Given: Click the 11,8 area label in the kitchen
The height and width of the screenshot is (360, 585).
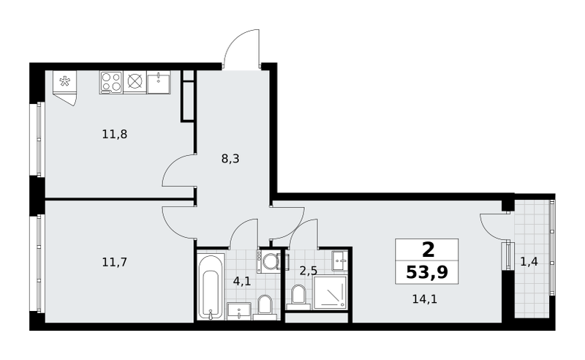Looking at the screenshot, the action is tap(115, 134).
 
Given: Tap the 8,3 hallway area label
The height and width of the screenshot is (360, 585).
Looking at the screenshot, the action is tap(230, 159).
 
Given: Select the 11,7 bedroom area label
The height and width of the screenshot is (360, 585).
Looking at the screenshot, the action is tap(115, 262).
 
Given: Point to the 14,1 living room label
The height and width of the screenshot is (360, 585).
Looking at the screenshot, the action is tap(425, 299).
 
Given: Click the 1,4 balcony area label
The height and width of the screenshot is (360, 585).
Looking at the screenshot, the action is tap(529, 262).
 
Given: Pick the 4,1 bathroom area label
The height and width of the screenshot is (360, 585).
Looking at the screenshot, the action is tap(242, 281).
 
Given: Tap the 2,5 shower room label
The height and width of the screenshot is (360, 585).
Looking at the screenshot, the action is tap(309, 271).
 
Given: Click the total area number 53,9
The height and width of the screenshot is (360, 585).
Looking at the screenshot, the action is tap(427, 272).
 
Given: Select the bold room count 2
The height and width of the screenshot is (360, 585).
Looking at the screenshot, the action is tap(428, 250).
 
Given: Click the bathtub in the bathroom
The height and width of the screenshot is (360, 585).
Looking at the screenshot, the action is tap(211, 286).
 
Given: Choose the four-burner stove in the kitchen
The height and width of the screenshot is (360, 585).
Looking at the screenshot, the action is tap(111, 82).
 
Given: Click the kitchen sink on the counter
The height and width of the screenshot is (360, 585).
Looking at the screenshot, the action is tap(159, 82).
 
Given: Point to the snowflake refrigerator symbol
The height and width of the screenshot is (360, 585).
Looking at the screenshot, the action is tap(65, 81).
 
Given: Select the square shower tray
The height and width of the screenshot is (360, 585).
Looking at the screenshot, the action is tap(330, 293).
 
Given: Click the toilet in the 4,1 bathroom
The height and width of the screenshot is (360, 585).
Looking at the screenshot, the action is tap(265, 307).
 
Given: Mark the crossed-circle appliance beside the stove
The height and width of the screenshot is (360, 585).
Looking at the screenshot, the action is tap(135, 81).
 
